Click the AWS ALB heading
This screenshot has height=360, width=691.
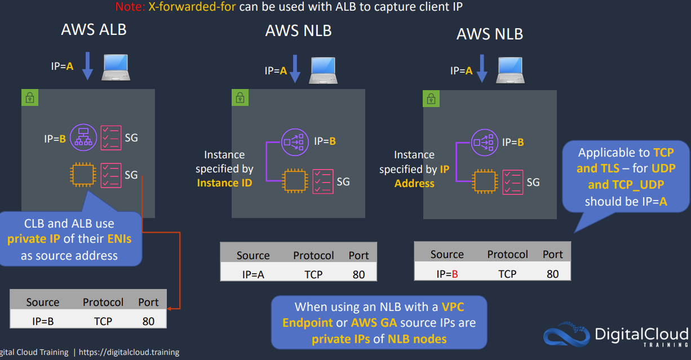coord(94,29)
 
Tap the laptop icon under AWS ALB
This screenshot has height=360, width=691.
coord(117,67)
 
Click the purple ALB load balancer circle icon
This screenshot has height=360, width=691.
coord(83,137)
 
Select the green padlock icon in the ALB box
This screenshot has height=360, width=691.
coord(30,97)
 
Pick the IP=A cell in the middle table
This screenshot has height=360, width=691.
coord(253,274)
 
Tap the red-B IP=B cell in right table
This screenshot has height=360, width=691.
coord(447,274)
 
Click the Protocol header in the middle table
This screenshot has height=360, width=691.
coord(313,255)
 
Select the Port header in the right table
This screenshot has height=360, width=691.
coord(552,254)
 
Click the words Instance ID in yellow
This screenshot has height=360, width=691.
coord(224,183)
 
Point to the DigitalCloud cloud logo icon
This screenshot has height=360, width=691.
coord(566,335)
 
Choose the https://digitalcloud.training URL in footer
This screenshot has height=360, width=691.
coord(129,352)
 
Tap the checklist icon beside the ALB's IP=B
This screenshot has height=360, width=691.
coord(111,137)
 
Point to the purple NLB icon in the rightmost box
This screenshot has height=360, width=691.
coord(483,142)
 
